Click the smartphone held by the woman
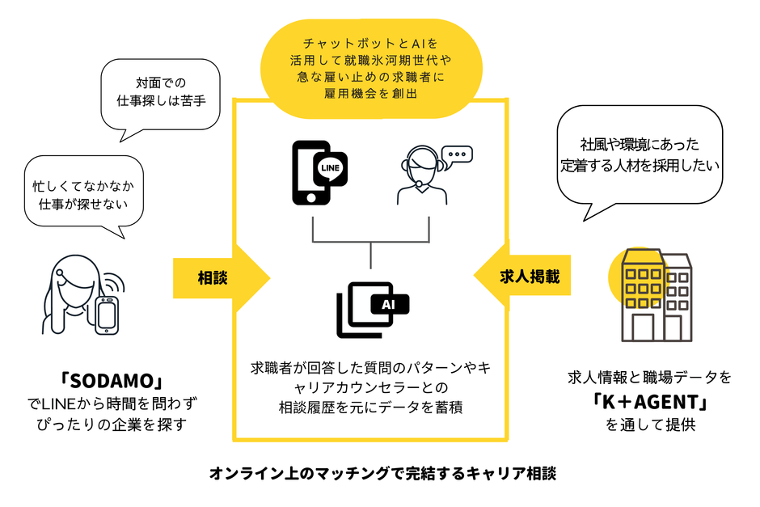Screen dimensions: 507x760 tap(108, 313)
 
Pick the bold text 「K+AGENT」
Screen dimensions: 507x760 tap(649, 401)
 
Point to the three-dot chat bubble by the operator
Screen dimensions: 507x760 tap(458, 154)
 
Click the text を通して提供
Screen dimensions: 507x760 tap(649, 425)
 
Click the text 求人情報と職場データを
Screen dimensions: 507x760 tap(649, 378)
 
